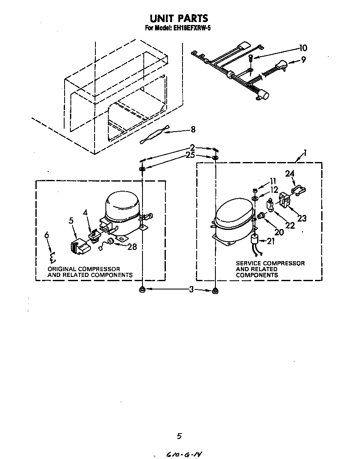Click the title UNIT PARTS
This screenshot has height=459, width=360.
click(179, 19)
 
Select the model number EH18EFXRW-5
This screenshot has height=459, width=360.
click(192, 29)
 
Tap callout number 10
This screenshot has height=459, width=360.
click(302, 47)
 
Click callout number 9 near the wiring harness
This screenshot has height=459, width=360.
click(303, 60)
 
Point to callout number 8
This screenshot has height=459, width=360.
click(193, 130)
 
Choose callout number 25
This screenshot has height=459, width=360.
click(190, 155)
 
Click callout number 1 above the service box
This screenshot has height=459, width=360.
click(305, 153)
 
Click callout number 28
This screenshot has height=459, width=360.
click(132, 247)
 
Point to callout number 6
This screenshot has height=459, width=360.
click(47, 236)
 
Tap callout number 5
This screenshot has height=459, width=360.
click(71, 221)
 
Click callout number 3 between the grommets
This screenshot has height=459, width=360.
click(191, 290)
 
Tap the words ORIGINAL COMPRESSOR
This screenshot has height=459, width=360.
click(84, 269)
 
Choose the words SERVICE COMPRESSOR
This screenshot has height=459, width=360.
click(270, 263)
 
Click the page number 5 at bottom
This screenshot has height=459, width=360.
click(179, 436)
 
